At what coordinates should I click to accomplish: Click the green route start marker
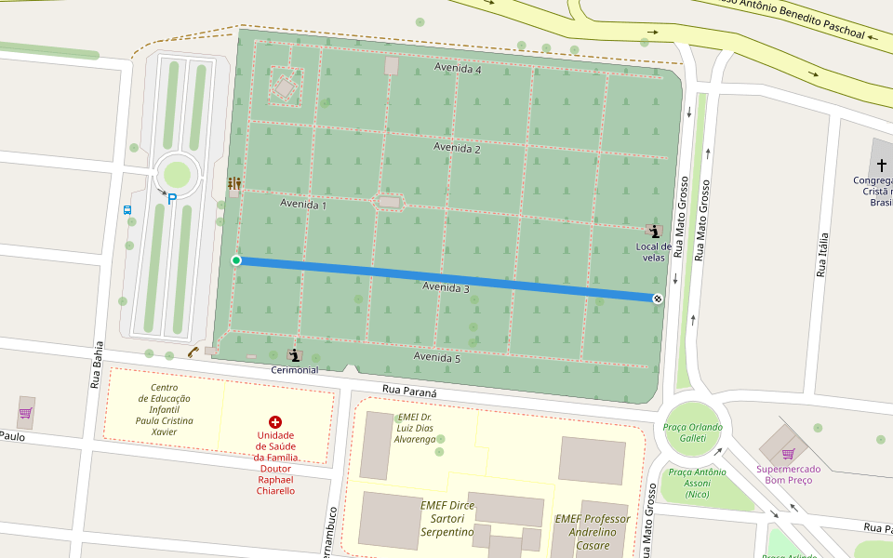236,260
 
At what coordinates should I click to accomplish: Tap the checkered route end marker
658,299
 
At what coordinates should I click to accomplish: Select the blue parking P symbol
172,198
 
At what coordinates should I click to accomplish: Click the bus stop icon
127,210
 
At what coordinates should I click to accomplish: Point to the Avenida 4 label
458,70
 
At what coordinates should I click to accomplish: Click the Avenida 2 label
457,148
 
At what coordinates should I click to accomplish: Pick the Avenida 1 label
303,204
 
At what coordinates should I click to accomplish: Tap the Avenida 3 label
446,287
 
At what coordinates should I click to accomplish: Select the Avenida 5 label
437,357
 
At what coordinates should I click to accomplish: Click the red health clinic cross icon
275,422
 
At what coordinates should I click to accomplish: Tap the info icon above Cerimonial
294,354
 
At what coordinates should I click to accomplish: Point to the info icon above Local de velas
654,231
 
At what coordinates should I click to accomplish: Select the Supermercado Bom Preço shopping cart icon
788,454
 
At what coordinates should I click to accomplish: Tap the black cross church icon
882,164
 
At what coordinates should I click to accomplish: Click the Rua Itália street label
821,256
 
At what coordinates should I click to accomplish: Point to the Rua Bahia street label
96,365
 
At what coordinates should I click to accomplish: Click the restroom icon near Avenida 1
233,183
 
